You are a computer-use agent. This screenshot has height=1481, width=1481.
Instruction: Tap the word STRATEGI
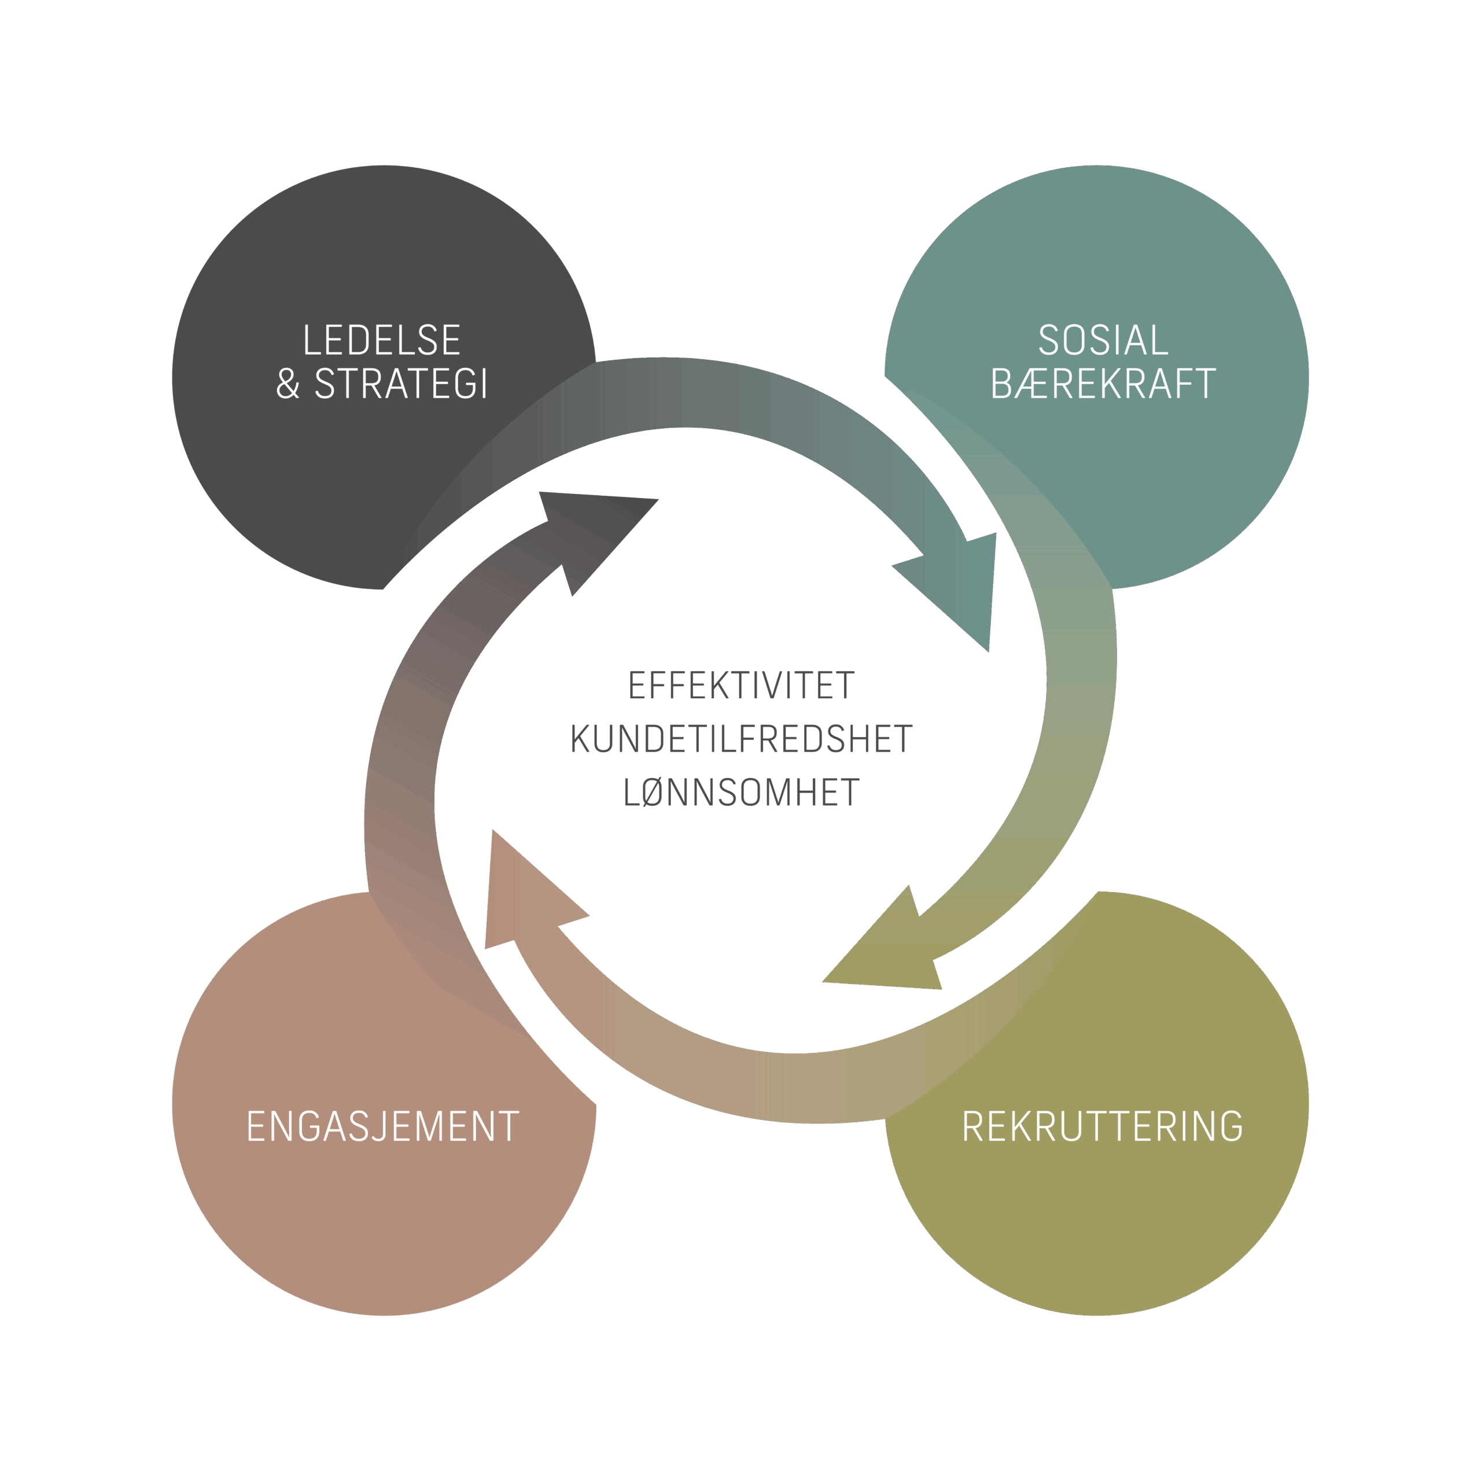coord(401,384)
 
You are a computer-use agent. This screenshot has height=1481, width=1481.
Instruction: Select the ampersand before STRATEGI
coord(288,385)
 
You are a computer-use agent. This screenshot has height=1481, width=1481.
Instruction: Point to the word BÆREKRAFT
coord(1103,384)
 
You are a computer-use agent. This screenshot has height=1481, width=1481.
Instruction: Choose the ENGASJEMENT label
coord(382,1127)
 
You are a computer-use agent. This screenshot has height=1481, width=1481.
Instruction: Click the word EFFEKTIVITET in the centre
coord(740,686)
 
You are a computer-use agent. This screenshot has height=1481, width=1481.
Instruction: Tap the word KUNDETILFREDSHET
coord(740,740)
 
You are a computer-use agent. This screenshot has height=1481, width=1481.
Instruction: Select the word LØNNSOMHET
coord(740,793)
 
